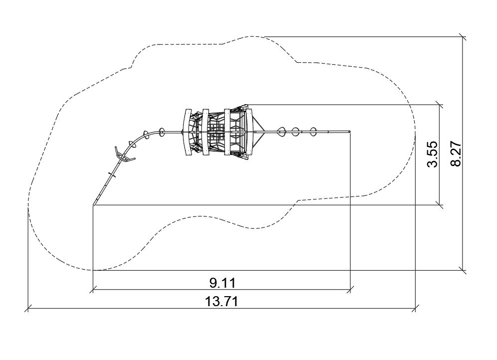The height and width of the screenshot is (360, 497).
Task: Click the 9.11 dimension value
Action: coord(222,283)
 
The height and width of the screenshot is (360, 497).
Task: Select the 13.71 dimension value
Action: coord(221,301)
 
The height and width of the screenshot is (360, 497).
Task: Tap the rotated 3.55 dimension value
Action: coord(432,154)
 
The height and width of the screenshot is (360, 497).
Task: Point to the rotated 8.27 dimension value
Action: coord(456,154)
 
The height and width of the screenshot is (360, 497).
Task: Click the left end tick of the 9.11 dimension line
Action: coord(93,289)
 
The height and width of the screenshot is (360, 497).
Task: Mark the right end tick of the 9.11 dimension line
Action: coord(350,289)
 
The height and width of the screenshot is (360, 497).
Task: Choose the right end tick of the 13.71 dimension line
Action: coord(416,308)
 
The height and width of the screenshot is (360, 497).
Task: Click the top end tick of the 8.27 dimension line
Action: coord(463,37)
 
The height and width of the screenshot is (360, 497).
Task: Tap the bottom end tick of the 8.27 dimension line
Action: coord(463,270)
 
